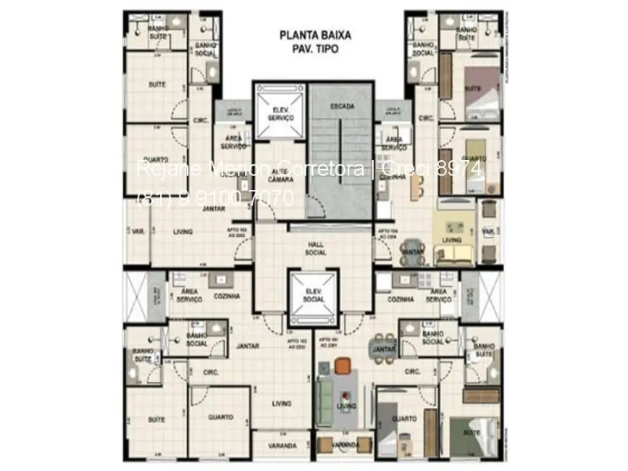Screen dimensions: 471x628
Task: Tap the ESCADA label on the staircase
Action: (x=342, y=106)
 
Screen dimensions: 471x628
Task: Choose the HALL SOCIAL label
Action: (x=315, y=249)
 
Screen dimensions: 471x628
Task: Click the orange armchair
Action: (x=342, y=367)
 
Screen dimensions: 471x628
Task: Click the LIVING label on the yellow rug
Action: (x=452, y=239)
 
